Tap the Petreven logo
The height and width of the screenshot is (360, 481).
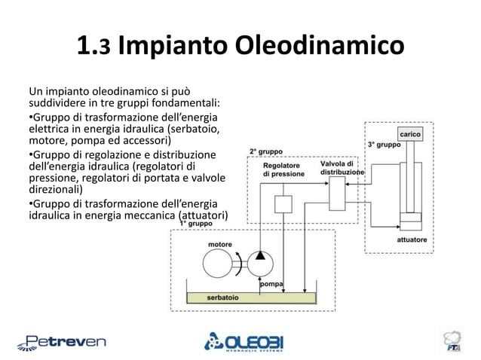pyautogui.click(x=62, y=341)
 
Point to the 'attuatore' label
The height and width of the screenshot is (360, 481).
pyautogui.click(x=412, y=240)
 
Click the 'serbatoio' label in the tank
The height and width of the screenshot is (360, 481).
pyautogui.click(x=222, y=297)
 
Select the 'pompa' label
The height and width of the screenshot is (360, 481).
pyautogui.click(x=271, y=284)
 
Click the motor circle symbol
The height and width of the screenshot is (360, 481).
pyautogui.click(x=219, y=264)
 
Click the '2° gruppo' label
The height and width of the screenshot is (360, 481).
pyautogui.click(x=266, y=151)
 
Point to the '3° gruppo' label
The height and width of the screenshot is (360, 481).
pyautogui.click(x=384, y=144)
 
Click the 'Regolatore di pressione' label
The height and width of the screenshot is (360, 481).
pyautogui.click(x=283, y=169)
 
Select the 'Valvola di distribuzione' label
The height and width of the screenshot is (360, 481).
pyautogui.click(x=342, y=168)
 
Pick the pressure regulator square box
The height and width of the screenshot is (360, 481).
pyautogui.click(x=283, y=203)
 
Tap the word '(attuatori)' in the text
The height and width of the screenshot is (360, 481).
pyautogui.click(x=204, y=218)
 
